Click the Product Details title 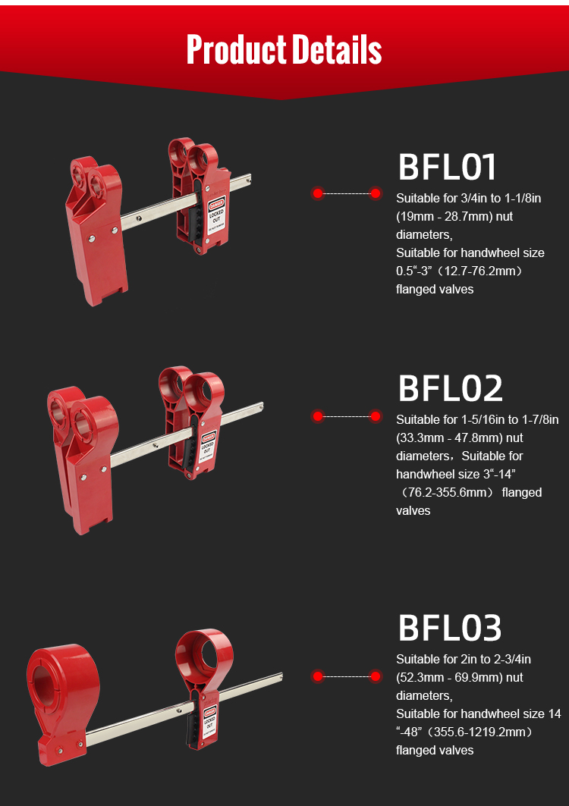[x=284, y=49]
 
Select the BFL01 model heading [x=448, y=167]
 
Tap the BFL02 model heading [x=450, y=389]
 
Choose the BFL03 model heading [x=450, y=628]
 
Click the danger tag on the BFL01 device [x=216, y=215]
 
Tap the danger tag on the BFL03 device [x=209, y=720]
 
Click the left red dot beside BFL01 [x=317, y=193]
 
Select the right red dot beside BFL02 [x=376, y=416]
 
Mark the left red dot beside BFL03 [x=317, y=676]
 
